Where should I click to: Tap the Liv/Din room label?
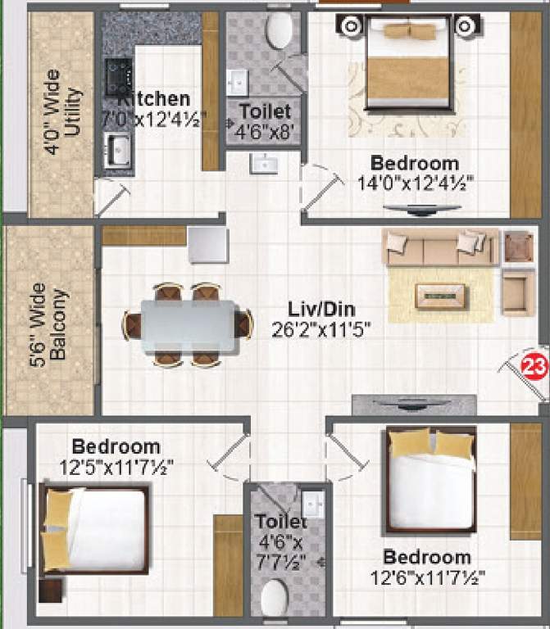[x=321, y=310]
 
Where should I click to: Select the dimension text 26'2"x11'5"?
[x=321, y=330]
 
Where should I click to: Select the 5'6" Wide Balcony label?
[x=49, y=325]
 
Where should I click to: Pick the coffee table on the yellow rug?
[x=439, y=296]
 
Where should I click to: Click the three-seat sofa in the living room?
[x=440, y=247]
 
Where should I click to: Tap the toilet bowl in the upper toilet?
[x=280, y=32]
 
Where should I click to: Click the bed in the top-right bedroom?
[x=408, y=64]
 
